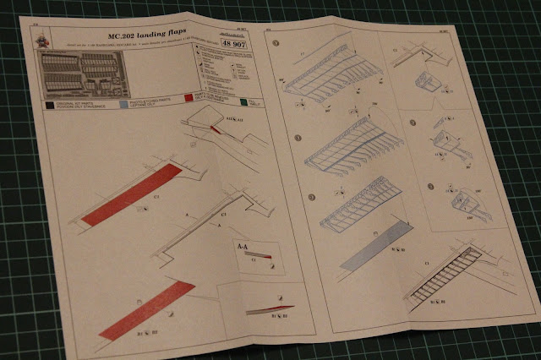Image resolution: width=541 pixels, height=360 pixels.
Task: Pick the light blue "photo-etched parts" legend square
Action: (x=125, y=105)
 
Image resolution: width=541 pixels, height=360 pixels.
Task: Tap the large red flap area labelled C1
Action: (x=132, y=195)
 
